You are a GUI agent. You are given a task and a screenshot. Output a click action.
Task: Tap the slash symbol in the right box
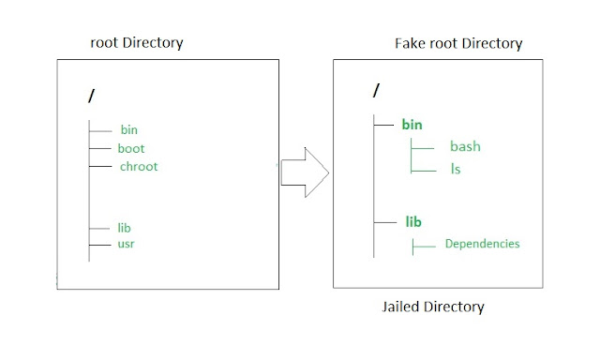tap(376, 91)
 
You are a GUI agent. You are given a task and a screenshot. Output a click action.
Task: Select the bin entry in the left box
tap(129, 130)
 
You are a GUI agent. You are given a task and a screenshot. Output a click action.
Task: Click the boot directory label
tap(131, 148)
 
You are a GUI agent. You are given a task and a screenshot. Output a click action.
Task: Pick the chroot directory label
tap(139, 166)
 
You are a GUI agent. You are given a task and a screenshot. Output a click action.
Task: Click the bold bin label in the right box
tap(412, 124)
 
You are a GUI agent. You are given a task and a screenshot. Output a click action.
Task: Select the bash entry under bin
tap(465, 147)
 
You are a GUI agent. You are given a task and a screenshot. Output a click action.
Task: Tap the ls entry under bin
tap(456, 170)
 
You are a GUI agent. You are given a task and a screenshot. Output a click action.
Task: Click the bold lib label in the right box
tap(412, 222)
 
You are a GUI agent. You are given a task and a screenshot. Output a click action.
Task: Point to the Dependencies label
tap(482, 245)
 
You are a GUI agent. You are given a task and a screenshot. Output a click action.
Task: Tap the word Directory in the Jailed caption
tap(457, 307)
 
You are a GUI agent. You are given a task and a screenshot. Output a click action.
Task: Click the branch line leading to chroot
tap(100, 166)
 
